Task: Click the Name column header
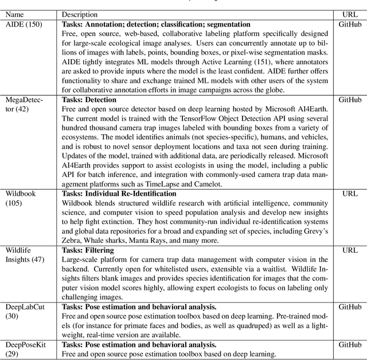pyautogui.click(x=15, y=14)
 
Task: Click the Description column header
pyautogui.click(x=79, y=14)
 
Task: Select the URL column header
pyautogui.click(x=350, y=14)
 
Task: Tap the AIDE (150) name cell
pyautogui.click(x=23, y=25)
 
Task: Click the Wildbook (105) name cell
pyautogui.click(x=21, y=198)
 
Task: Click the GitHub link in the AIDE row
pyautogui.click(x=350, y=25)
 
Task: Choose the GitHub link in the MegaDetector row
pyautogui.click(x=350, y=100)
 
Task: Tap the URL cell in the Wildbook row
pyautogui.click(x=350, y=193)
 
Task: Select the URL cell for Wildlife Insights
pyautogui.click(x=350, y=250)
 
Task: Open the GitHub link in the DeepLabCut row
pyautogui.click(x=350, y=307)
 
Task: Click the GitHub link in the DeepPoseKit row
pyautogui.click(x=350, y=344)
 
